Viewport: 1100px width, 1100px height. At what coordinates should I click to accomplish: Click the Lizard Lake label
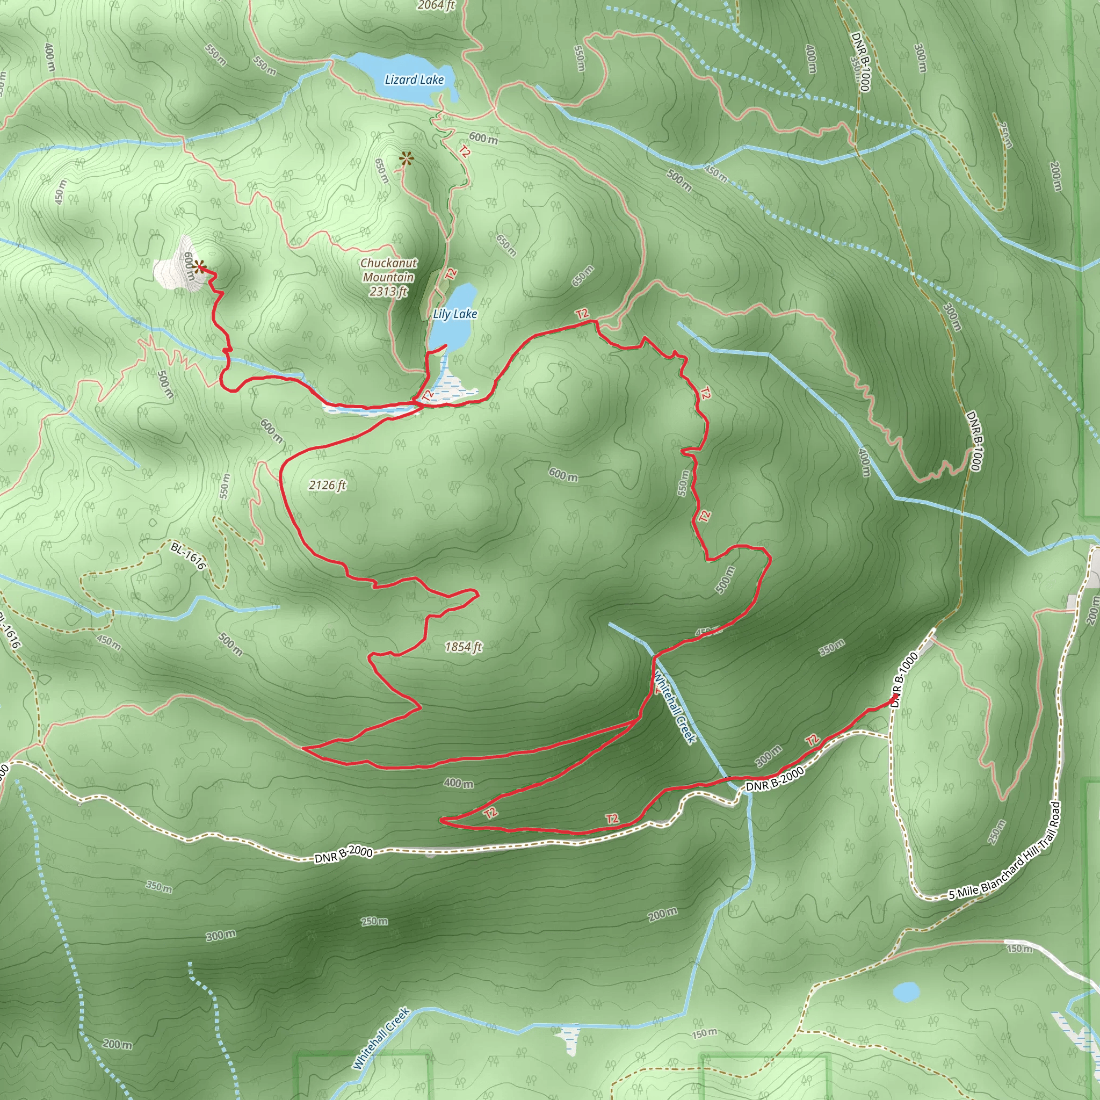414,79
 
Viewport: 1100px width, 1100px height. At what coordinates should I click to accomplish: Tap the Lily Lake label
455,314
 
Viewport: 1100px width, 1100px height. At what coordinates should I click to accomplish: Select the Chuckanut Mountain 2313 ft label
389,277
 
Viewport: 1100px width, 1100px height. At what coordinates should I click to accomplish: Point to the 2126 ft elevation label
328,485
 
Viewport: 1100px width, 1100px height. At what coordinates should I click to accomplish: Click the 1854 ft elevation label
463,647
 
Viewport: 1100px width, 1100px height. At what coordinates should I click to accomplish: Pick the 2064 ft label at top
436,6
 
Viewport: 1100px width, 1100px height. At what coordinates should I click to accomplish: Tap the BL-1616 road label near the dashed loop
188,556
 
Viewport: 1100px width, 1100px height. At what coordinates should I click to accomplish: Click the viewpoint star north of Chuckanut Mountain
406,159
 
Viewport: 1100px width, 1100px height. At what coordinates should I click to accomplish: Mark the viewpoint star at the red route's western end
199,267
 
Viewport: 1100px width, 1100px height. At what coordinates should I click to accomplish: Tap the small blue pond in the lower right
906,992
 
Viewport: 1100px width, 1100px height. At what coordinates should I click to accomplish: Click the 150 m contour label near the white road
1019,949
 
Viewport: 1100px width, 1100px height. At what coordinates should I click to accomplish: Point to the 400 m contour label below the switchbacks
458,784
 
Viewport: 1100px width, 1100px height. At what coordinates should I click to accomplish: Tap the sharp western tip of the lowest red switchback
442,821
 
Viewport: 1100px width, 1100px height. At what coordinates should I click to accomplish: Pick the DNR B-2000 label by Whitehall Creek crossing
775,779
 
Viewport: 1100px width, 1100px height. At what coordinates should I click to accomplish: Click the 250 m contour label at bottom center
375,921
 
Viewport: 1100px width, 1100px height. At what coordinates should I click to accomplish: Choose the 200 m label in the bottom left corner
117,1044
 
